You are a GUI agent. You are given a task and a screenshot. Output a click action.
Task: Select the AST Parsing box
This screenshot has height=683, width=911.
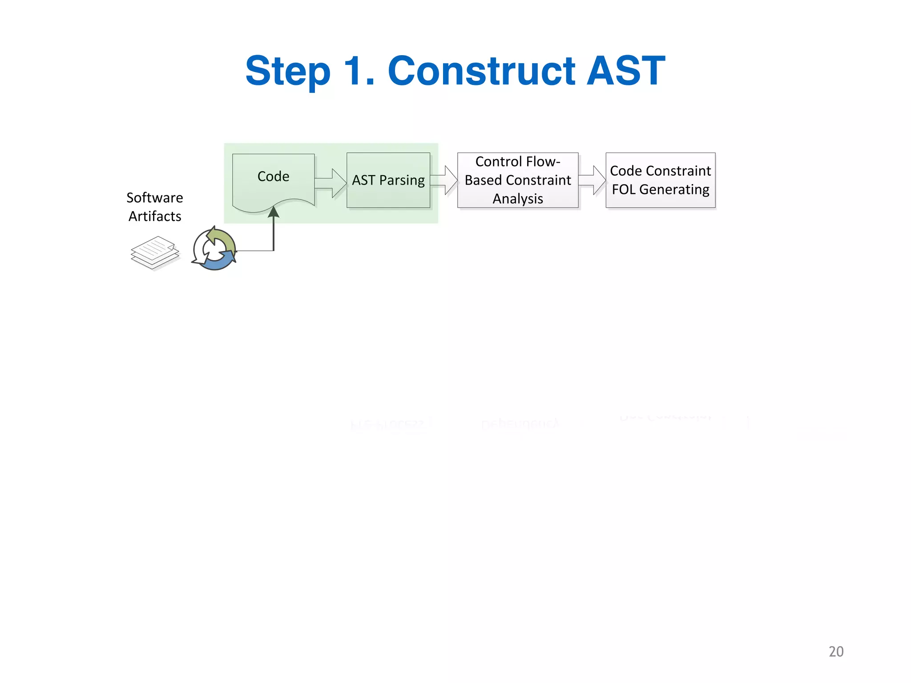(388, 180)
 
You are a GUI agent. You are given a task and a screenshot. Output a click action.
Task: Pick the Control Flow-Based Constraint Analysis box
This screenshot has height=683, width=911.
(518, 180)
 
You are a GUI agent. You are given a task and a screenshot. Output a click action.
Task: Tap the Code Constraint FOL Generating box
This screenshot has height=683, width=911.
(661, 180)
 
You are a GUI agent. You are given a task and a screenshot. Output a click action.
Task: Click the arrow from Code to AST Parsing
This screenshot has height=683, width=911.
(331, 183)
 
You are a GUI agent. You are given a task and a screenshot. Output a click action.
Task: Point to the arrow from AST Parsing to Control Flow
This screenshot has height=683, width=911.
(444, 180)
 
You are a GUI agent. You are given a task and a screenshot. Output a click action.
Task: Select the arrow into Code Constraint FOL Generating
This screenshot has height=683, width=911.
(593, 180)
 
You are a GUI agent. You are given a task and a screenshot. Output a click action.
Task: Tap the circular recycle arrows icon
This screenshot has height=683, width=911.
(214, 249)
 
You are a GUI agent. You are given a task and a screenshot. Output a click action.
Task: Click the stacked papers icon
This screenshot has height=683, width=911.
(154, 253)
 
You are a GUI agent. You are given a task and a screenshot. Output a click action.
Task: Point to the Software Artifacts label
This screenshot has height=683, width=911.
(155, 207)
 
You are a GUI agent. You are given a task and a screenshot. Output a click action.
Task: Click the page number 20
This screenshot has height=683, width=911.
(836, 651)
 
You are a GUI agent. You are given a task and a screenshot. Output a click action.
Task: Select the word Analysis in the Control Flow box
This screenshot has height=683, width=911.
(518, 199)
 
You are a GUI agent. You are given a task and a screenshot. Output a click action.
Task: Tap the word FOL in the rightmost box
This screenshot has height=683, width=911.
(624, 189)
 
